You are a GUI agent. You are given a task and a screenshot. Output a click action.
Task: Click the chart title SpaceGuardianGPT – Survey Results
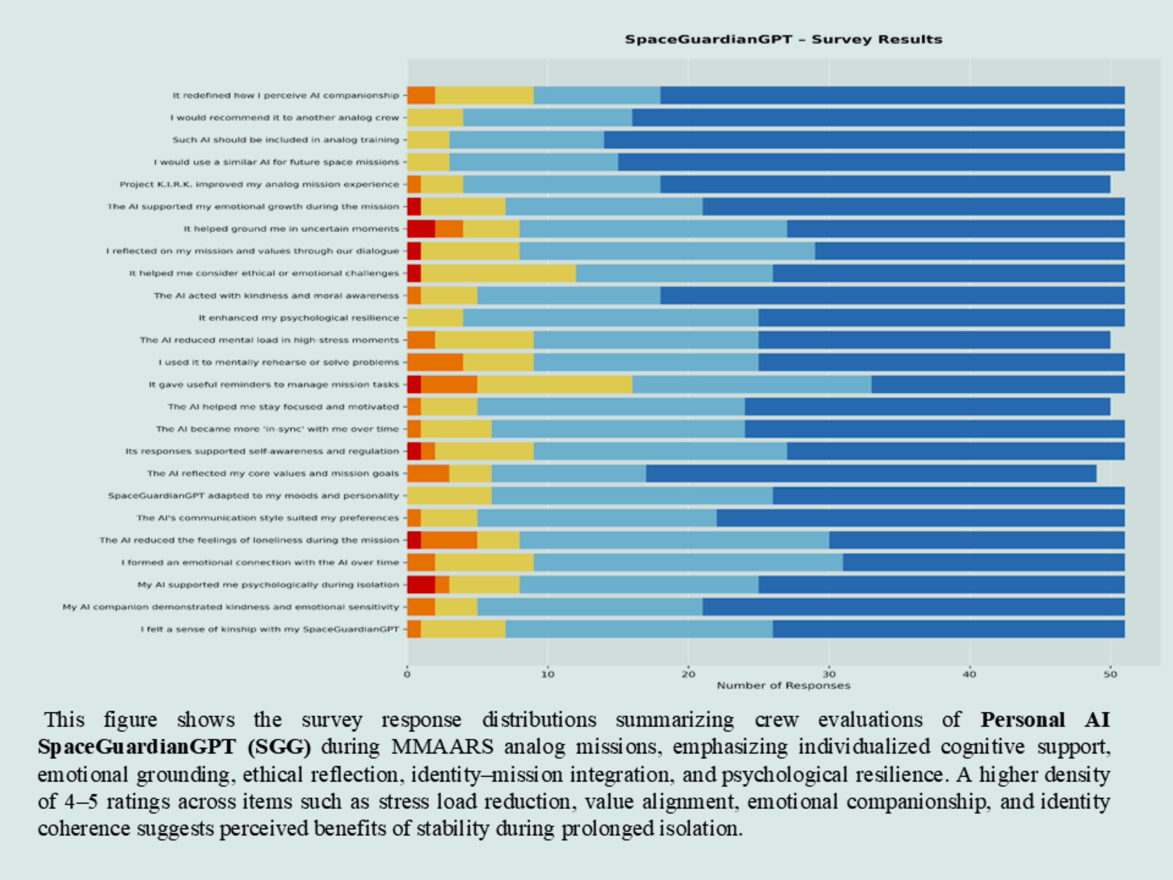click(783, 40)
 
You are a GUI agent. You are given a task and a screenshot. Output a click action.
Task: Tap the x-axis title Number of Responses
click(783, 686)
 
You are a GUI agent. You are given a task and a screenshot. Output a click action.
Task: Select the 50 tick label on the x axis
click(1110, 675)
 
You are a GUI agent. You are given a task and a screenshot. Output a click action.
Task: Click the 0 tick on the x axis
click(407, 675)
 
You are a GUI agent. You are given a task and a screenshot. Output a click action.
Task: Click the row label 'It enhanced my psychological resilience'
click(298, 318)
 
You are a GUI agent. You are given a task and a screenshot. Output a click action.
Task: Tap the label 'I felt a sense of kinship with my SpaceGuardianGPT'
click(269, 629)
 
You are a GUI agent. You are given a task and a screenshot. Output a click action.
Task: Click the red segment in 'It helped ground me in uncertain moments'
click(421, 229)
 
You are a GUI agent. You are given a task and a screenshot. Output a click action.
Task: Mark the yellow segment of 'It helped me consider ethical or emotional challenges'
click(499, 274)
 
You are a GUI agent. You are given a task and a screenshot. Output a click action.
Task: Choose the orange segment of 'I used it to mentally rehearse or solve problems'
click(435, 363)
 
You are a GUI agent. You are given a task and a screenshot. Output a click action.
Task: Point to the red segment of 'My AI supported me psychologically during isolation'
click(421, 585)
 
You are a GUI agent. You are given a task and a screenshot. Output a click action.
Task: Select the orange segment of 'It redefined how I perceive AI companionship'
click(421, 96)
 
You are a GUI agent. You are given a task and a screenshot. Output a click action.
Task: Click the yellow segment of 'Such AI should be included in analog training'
click(428, 140)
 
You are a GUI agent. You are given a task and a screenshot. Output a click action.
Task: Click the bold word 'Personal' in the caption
click(1022, 720)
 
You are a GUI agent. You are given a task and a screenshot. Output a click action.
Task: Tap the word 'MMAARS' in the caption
click(442, 747)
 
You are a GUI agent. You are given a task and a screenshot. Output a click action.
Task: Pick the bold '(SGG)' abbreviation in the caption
click(279, 747)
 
